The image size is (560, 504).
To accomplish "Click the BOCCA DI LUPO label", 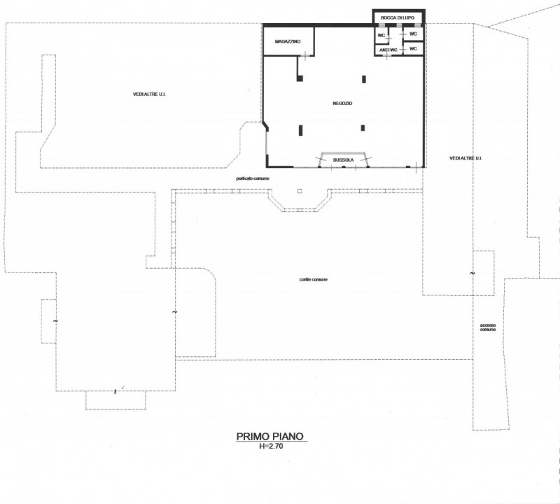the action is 398,17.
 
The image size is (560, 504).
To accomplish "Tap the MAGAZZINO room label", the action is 288,41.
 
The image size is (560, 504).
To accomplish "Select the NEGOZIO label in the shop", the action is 342,103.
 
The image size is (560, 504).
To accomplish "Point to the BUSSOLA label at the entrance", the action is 343,160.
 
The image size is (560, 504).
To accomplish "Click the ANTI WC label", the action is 388,50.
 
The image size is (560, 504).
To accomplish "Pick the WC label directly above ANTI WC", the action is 381,36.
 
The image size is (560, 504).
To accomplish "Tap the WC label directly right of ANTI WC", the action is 413,48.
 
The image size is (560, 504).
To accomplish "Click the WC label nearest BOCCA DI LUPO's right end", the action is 413,34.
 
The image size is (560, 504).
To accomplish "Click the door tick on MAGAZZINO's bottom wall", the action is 305,55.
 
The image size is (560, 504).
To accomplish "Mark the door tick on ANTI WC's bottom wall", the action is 388,55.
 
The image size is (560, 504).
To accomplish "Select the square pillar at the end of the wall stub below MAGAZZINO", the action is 300,78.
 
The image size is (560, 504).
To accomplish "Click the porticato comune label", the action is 253,178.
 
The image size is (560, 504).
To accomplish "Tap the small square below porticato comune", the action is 300,191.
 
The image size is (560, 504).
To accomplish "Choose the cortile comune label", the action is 313,279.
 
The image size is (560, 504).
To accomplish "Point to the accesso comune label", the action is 487,327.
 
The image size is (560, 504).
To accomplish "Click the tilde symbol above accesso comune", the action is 472,273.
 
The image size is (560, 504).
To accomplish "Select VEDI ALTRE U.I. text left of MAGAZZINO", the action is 149,94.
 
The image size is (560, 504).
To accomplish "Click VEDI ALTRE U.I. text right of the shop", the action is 465,158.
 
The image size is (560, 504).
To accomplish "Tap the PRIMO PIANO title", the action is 270,436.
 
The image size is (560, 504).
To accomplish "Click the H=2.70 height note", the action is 271,446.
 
